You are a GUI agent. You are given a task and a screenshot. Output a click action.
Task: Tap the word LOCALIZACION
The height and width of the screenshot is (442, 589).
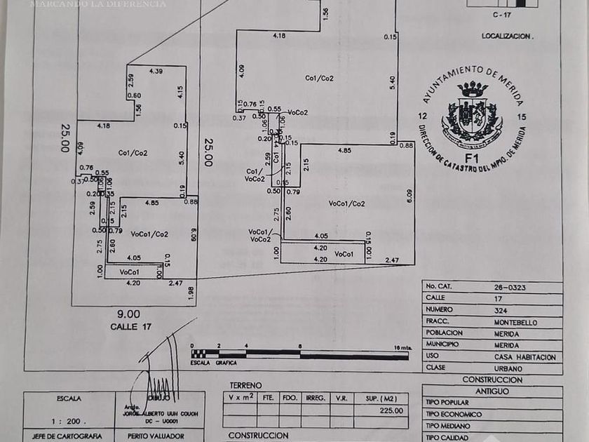coord(507,35)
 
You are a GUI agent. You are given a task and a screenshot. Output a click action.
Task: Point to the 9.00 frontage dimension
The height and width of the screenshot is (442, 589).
coord(129,314)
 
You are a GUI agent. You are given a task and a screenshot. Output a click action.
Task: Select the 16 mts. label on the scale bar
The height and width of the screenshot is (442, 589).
coord(402,347)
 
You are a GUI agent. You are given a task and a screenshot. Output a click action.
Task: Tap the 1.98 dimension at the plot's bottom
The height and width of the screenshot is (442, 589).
coord(191,293)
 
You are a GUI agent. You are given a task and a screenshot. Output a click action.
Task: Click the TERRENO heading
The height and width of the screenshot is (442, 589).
coord(245,385)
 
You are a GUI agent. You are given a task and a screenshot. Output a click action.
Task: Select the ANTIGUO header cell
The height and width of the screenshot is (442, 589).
coord(492,391)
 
